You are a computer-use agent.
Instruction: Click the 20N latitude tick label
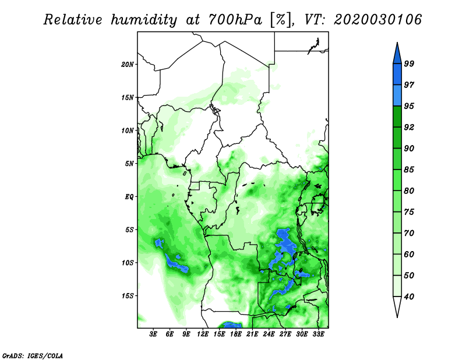(127, 65)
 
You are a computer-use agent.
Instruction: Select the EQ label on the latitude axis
(129, 197)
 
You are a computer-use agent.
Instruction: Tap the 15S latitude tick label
(127, 296)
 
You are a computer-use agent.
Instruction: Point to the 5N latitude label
(129, 164)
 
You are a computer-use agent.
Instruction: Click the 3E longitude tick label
(153, 334)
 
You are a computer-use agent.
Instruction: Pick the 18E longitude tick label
(236, 334)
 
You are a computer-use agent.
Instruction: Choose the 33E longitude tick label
(318, 334)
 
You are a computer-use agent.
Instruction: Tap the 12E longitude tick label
(203, 334)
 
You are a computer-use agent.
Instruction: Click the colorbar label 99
(409, 63)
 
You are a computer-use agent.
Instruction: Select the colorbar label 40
(409, 297)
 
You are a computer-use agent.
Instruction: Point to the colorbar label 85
(409, 170)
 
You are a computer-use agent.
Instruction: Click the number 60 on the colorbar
(409, 255)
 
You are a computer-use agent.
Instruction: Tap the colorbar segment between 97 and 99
(397, 75)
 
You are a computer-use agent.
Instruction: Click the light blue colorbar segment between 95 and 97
(397, 96)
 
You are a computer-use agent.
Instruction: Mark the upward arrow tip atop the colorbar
(397, 43)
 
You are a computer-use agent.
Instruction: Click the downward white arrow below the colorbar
(397, 306)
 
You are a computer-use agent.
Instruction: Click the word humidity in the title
(144, 20)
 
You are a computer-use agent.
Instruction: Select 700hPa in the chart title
(235, 20)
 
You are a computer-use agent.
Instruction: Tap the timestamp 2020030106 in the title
(377, 20)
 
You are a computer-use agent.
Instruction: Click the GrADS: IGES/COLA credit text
(33, 356)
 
